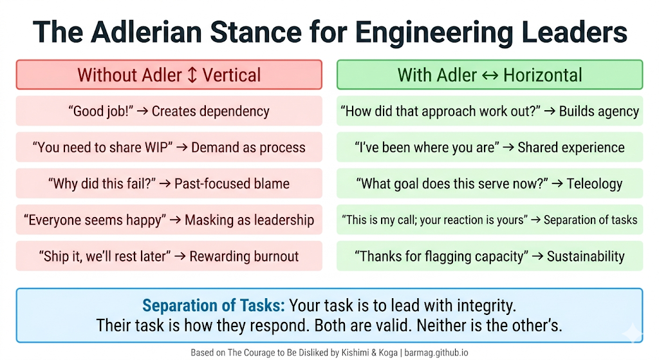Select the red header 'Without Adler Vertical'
coord(169,75)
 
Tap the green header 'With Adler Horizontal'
coord(490,75)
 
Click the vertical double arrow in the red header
coord(191,75)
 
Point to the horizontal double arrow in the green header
coord(490,75)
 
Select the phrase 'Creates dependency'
coord(211,111)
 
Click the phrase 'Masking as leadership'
coord(249,220)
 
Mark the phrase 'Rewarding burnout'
coord(245,256)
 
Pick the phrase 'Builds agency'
coord(599,111)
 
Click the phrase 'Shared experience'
coord(571,147)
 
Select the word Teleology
coord(594,184)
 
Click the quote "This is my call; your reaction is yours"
coord(434,220)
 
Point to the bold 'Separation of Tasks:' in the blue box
coord(214,305)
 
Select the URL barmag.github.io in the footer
coord(435,353)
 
